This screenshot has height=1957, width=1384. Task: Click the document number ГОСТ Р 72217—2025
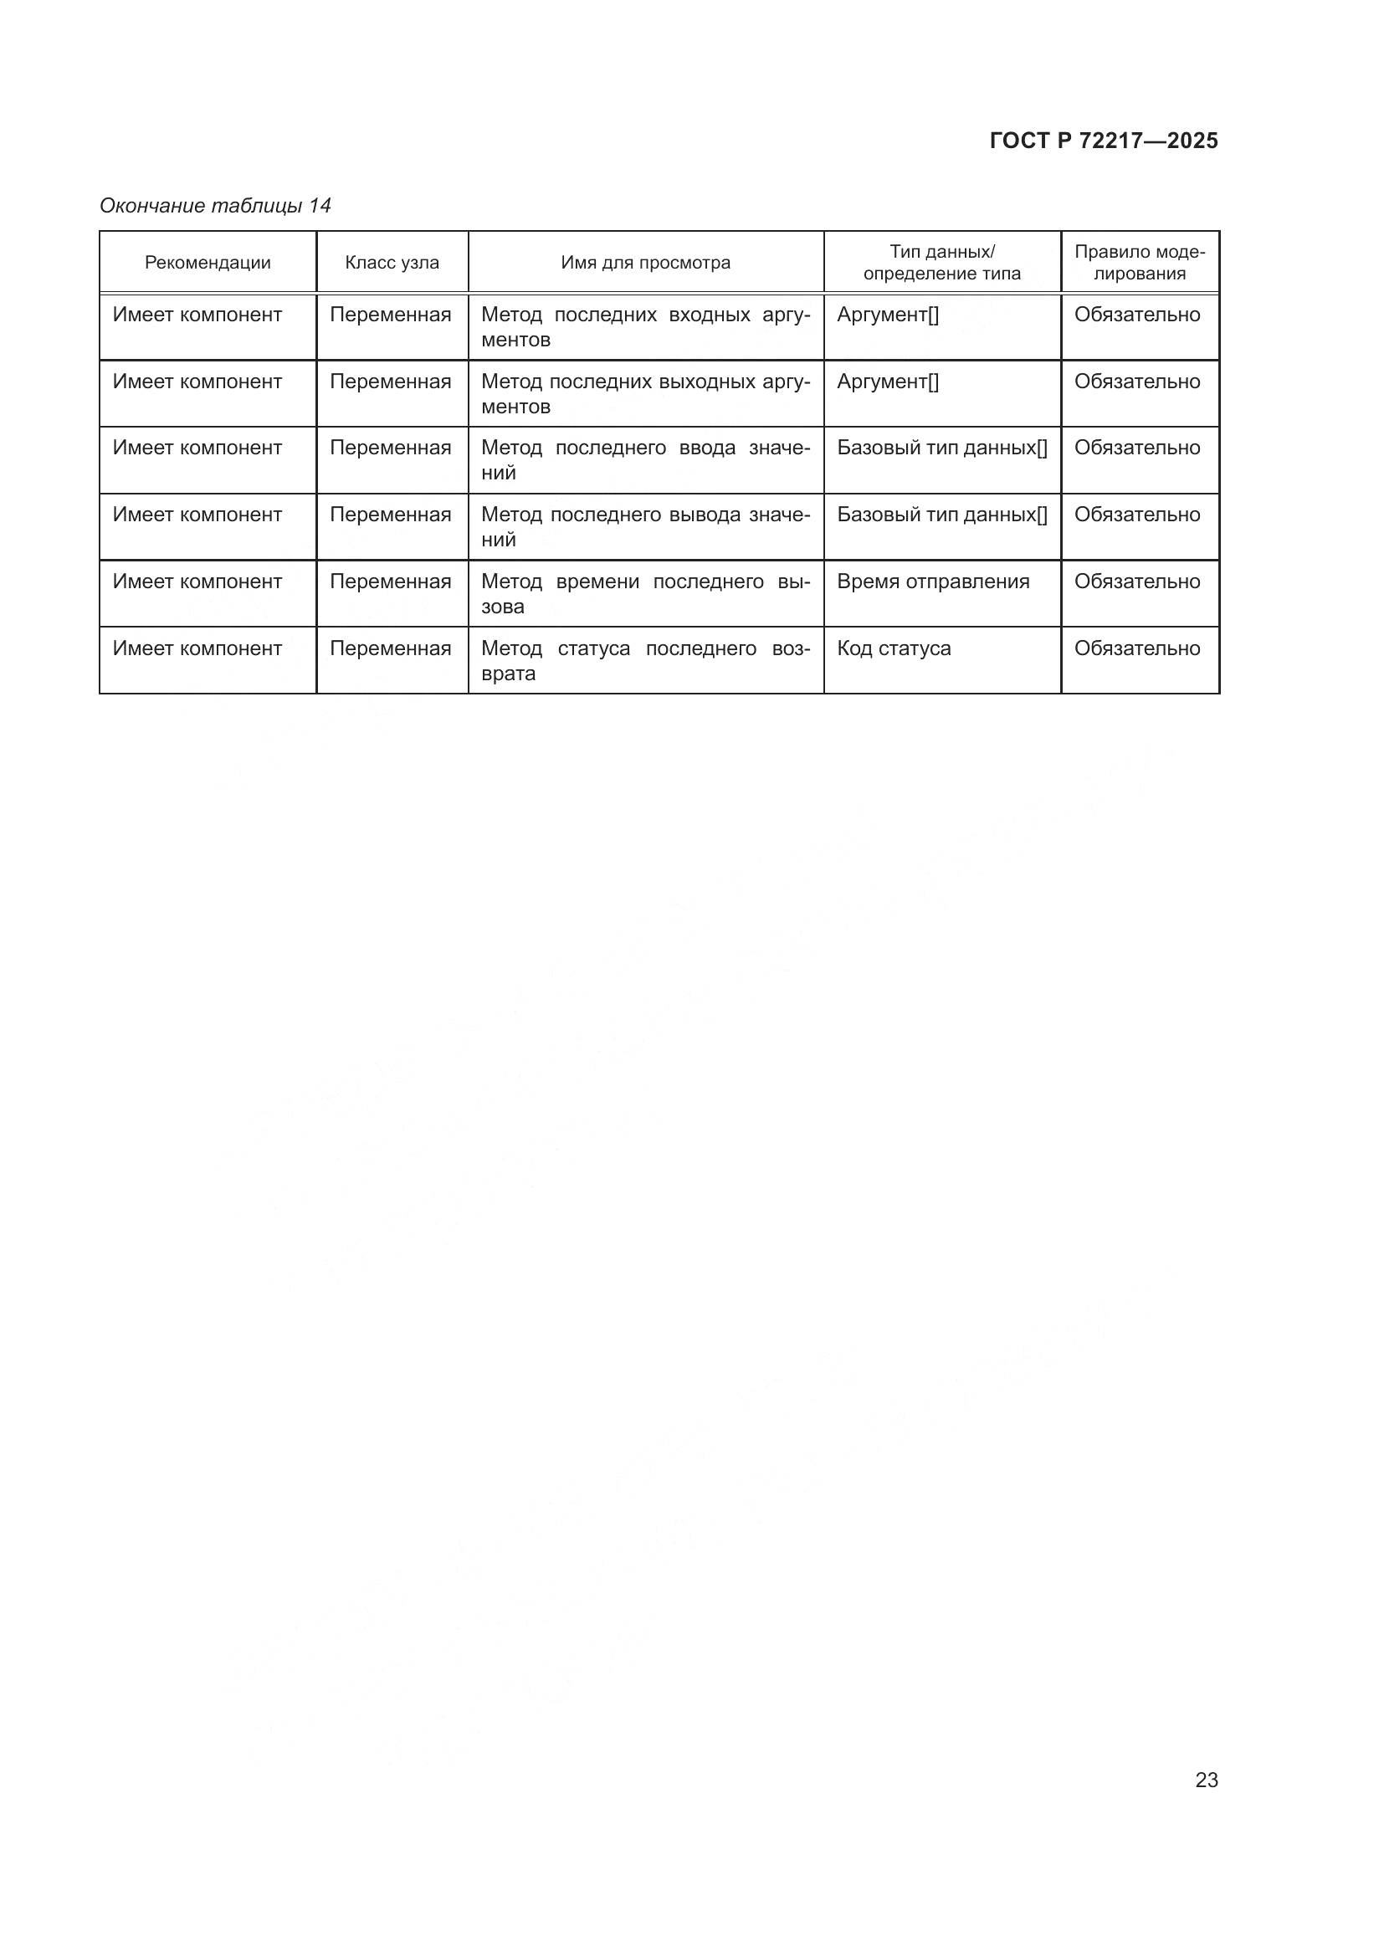[x=1104, y=141]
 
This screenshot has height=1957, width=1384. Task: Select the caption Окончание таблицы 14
[x=215, y=206]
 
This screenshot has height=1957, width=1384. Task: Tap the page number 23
[x=1206, y=1780]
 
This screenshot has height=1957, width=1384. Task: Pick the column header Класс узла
[x=392, y=263]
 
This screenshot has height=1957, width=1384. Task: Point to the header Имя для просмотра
[x=645, y=263]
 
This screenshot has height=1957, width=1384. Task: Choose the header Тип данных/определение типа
[x=941, y=263]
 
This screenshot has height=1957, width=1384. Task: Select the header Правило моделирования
[x=1140, y=263]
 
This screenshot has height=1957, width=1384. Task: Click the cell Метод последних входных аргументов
[x=645, y=327]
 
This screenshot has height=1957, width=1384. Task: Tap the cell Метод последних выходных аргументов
[x=645, y=394]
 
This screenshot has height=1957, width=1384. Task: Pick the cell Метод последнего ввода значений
[x=645, y=460]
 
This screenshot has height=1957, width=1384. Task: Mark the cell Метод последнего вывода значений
[x=645, y=527]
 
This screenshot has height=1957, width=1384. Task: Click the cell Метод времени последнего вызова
[x=645, y=594]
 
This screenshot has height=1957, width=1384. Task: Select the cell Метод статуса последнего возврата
[x=645, y=661]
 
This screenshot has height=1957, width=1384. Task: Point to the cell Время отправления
[x=933, y=581]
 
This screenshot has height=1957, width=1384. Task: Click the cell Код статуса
[x=894, y=648]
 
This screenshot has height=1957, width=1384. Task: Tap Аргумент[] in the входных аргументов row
[x=888, y=315]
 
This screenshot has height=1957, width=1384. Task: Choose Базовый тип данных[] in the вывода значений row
[x=941, y=515]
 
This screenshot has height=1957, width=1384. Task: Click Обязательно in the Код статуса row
[x=1137, y=648]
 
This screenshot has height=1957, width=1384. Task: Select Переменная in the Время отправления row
[x=390, y=581]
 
